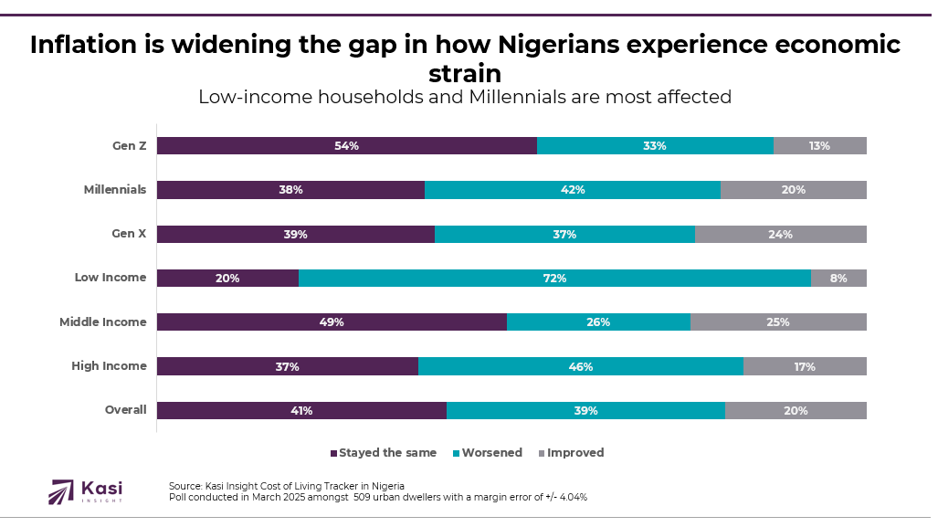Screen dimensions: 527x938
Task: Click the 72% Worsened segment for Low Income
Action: pos(554,279)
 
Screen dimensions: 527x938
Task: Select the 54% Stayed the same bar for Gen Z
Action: pos(346,146)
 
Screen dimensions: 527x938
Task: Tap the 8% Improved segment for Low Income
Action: pos(838,279)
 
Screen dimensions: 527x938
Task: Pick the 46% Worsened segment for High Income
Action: pos(581,367)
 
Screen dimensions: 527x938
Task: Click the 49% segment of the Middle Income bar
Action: pos(332,322)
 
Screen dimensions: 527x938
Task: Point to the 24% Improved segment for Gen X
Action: pos(780,235)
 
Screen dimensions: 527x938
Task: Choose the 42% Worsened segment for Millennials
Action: pos(573,190)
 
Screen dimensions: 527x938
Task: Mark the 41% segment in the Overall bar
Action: pos(301,411)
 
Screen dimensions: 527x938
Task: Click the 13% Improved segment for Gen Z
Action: pos(819,146)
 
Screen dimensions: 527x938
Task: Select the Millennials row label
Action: pos(115,190)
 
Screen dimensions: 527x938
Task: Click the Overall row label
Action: pos(125,410)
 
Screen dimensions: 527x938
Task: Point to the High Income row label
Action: pos(109,366)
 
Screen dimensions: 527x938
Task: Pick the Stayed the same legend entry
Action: pos(384,453)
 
